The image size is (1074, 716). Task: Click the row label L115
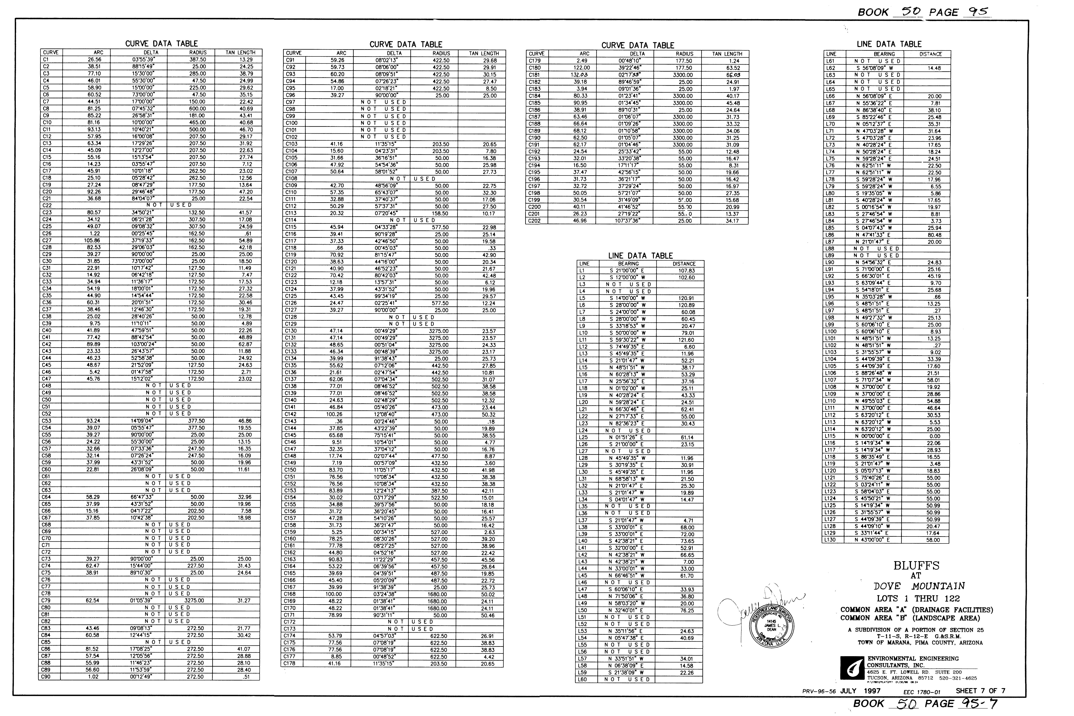pyautogui.click(x=830, y=436)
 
